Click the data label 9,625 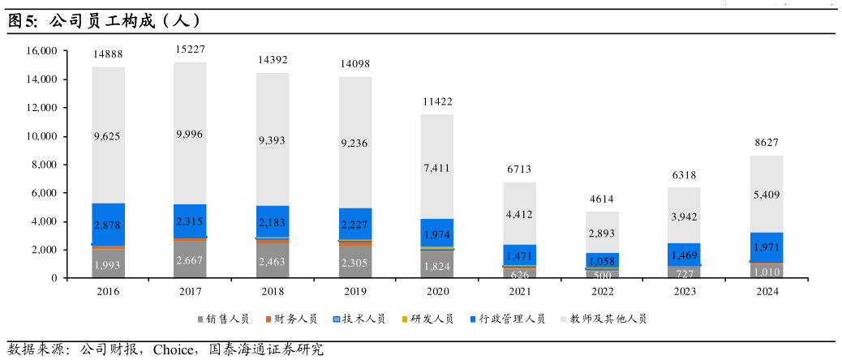tap(107, 136)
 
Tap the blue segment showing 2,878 tap(107, 224)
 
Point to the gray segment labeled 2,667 tap(190, 259)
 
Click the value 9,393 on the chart tap(272, 140)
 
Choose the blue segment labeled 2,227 tap(355, 224)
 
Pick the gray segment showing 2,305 tap(355, 262)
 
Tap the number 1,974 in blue tap(436, 234)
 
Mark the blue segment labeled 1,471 tap(519, 255)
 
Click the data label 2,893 tap(602, 233)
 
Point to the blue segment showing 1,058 tap(602, 260)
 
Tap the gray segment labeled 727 tap(684, 272)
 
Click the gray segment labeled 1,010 tap(767, 272)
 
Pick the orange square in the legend tap(268, 319)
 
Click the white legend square tap(564, 319)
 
